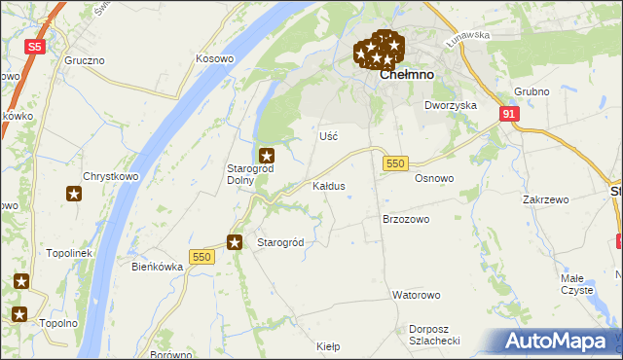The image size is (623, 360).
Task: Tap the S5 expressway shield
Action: coord(35,46)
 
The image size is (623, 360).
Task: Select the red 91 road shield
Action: coord(509,114)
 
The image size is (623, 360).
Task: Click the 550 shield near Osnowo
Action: coord(394,163)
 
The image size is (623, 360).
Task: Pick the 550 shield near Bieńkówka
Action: coord(202,256)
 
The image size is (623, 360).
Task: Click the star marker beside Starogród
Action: coord(235,242)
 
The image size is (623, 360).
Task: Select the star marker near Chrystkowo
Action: coord(74,195)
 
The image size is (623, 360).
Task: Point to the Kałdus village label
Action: coord(328,185)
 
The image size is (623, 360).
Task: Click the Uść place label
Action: coord(328,136)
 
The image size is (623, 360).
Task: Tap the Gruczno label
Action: coord(85,60)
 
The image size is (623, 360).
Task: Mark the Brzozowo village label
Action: coord(406,220)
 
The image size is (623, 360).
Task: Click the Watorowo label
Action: coord(417,294)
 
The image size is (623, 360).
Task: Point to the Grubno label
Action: coord(531,92)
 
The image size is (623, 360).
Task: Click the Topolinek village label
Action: coord(68,253)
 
